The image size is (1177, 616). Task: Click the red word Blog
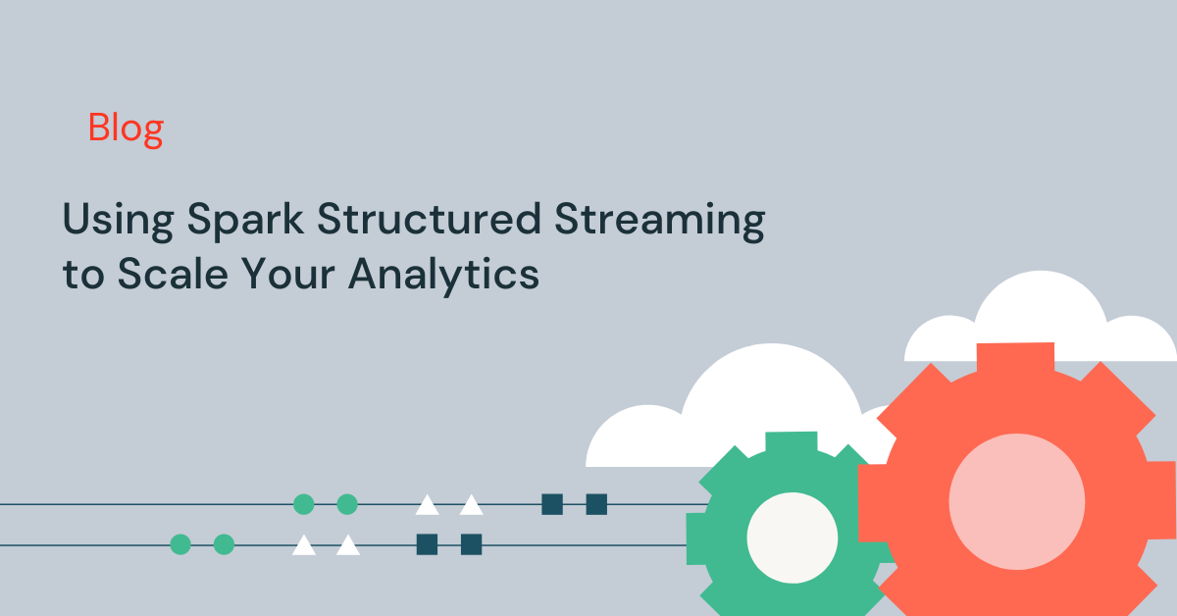(x=126, y=128)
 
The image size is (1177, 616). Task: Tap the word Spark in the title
(x=245, y=221)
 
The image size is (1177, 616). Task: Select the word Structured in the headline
(x=430, y=218)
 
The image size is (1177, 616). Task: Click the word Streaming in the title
(x=660, y=221)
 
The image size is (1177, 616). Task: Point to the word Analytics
(x=444, y=276)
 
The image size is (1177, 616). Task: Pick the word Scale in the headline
(x=173, y=274)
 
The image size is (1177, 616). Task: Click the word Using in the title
(x=119, y=221)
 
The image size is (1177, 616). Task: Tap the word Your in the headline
(x=288, y=274)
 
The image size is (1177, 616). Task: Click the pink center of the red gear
(x=1017, y=502)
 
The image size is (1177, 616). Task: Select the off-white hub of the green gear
(x=793, y=538)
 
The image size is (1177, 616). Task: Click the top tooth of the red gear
(x=1016, y=357)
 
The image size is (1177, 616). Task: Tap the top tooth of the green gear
(x=792, y=441)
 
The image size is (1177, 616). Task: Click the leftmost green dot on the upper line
(x=304, y=504)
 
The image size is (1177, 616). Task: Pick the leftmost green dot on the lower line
(x=180, y=544)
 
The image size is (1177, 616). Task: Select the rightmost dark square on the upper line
(x=596, y=504)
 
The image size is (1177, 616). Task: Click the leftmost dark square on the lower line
(x=428, y=544)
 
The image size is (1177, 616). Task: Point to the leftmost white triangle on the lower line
(x=304, y=546)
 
